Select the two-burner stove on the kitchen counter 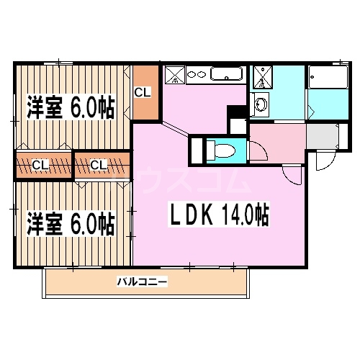pyautogui.click(x=196, y=73)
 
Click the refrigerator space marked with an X pyautogui.click(x=175, y=74)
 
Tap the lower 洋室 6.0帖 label pyautogui.click(x=71, y=223)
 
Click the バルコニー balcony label pyautogui.click(x=143, y=282)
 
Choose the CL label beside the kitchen pyautogui.click(x=144, y=92)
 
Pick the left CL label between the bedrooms pyautogui.click(x=40, y=165)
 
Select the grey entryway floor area pyautogui.click(x=323, y=135)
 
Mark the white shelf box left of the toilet pyautogui.click(x=196, y=150)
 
